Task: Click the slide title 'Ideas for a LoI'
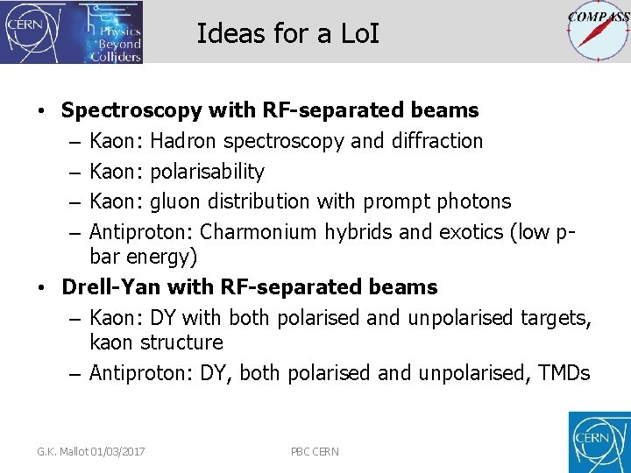pos(288,33)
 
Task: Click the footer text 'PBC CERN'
pos(315,452)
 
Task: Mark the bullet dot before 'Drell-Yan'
pos(42,287)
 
